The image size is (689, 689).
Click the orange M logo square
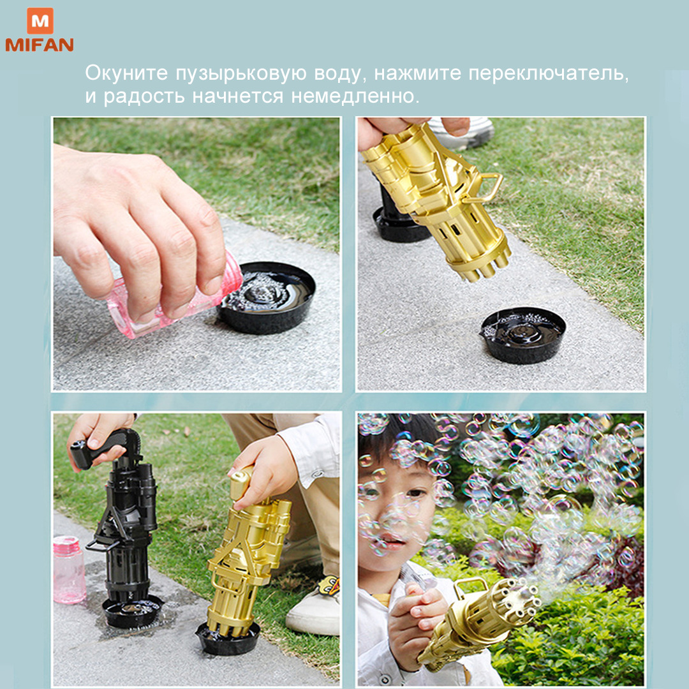click(40, 20)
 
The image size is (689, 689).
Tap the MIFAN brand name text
click(40, 45)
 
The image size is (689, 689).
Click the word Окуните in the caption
click(126, 73)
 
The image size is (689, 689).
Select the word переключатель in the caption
click(549, 73)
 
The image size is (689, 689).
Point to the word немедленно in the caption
click(355, 96)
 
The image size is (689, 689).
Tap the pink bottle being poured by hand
click(174, 299)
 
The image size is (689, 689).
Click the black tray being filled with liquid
click(266, 297)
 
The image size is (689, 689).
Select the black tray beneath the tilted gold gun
click(522, 335)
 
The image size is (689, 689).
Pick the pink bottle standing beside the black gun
click(69, 570)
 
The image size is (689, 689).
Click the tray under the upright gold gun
click(228, 638)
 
